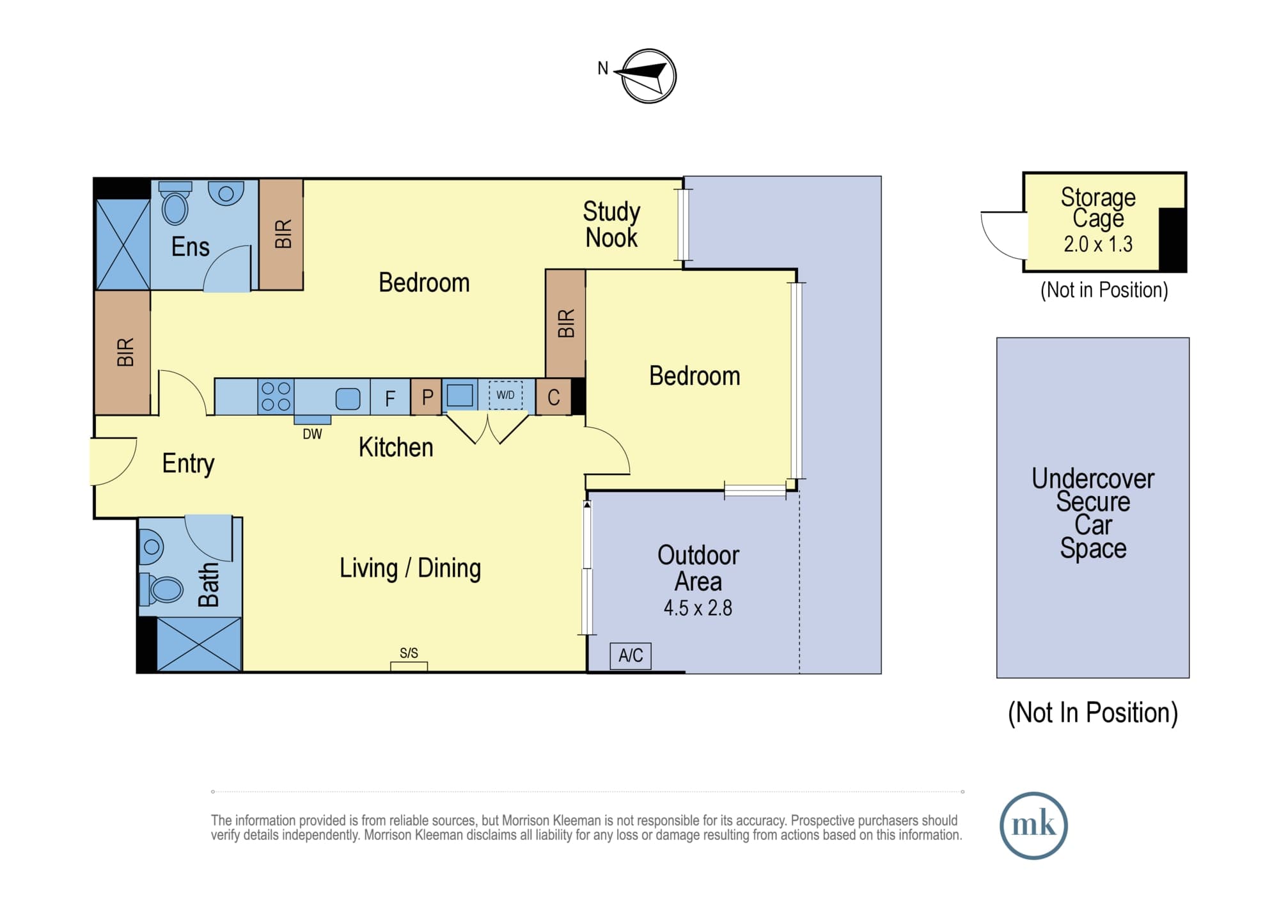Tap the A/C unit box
pos(631,656)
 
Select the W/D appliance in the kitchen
pos(505,395)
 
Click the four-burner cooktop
pos(276,396)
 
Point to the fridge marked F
pos(390,398)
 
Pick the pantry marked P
pos(427,398)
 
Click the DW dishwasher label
pos(312,434)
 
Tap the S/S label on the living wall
pos(409,653)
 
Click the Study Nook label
pos(611,224)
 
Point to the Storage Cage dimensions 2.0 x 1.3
pos(1098,244)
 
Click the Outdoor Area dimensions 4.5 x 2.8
pos(698,607)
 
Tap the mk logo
pos(1033,825)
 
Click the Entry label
pos(188,464)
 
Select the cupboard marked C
pos(554,398)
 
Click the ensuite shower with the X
pos(123,244)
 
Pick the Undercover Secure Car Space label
pos(1093,513)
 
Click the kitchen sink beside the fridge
pos(348,399)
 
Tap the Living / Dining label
pos(410,568)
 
